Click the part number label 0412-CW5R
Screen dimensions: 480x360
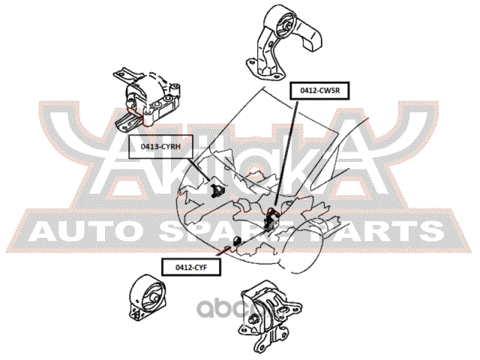click(x=319, y=91)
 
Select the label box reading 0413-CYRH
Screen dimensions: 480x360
click(x=160, y=147)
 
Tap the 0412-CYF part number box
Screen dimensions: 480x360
click(x=191, y=267)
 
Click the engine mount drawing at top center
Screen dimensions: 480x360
click(x=283, y=43)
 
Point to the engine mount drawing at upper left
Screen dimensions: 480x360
click(x=146, y=100)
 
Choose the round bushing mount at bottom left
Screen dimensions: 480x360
click(x=148, y=301)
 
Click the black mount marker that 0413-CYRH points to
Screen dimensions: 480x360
click(x=217, y=190)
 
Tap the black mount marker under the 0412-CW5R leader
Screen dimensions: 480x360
click(x=270, y=218)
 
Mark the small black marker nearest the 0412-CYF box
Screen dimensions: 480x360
click(x=237, y=241)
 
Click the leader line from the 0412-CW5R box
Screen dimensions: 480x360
click(x=286, y=152)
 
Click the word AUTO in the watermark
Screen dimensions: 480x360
click(x=82, y=232)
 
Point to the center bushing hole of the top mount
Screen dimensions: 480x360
click(x=288, y=26)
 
